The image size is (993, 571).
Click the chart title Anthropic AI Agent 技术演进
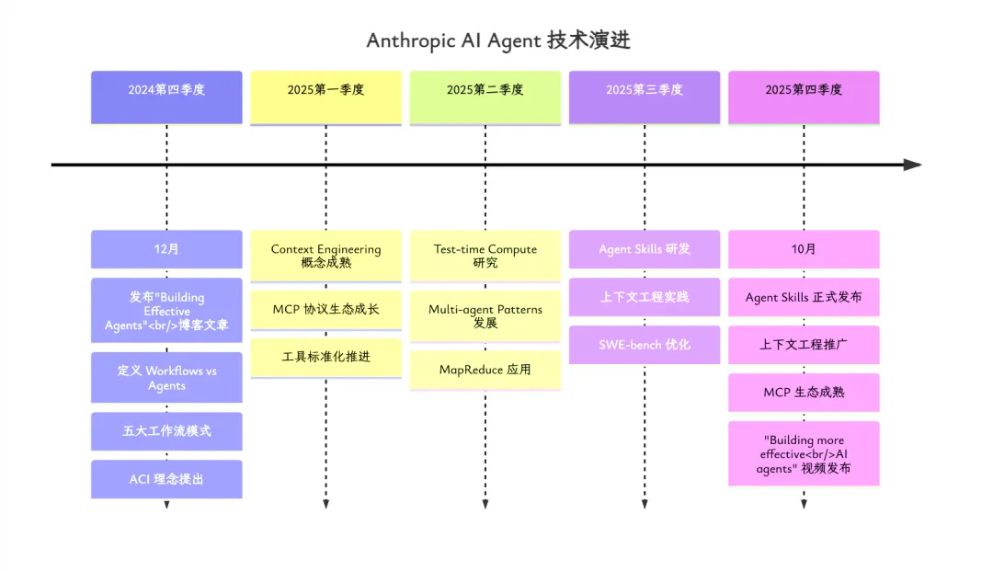tap(497, 40)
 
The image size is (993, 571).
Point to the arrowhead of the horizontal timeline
tap(913, 165)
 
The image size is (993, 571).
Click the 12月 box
tap(166, 249)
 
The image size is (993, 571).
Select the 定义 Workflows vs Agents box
tap(166, 378)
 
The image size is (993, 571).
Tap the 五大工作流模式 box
tap(166, 431)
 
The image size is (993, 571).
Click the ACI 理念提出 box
tap(166, 479)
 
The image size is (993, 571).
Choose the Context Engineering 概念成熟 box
tap(325, 256)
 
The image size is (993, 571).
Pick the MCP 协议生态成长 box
tap(325, 309)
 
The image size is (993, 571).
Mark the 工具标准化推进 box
tap(325, 357)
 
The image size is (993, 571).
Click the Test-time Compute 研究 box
tap(485, 256)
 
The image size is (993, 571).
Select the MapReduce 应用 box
tap(485, 370)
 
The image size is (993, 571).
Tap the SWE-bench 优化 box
tap(645, 345)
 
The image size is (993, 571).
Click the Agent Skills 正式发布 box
tap(804, 297)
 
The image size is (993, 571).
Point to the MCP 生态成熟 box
tap(804, 393)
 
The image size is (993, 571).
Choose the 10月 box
tap(804, 249)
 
